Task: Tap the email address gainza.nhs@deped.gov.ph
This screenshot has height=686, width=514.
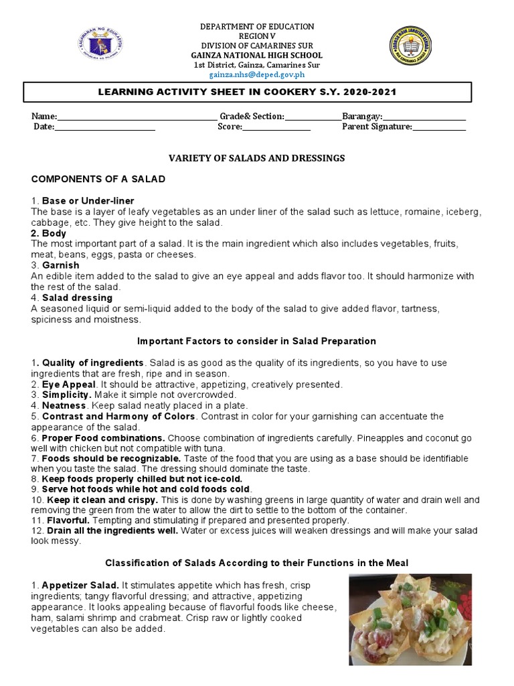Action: click(257, 75)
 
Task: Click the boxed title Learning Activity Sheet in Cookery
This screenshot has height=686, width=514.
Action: click(257, 92)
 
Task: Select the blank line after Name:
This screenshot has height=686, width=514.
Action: click(137, 117)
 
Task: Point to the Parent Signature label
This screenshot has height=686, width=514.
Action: click(377, 127)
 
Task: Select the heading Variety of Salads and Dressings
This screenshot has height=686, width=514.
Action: click(257, 158)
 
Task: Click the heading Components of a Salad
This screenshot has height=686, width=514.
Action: click(98, 180)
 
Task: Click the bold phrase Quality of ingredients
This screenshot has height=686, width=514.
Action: click(93, 362)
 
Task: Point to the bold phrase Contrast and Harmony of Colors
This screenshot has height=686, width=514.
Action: click(118, 417)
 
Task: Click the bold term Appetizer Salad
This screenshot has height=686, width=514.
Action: click(81, 586)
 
